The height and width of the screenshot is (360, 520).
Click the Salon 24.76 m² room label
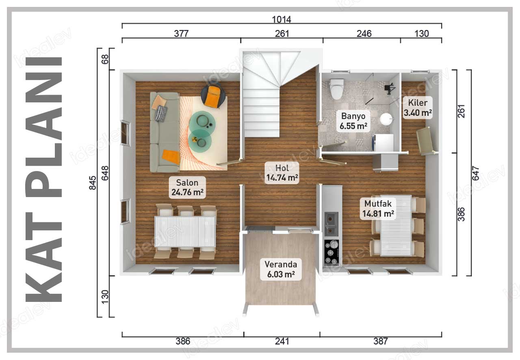click(x=187, y=187)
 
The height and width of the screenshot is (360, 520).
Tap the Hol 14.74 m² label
click(x=282, y=173)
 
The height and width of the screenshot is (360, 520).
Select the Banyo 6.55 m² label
click(x=353, y=121)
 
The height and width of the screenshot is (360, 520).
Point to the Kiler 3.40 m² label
click(x=418, y=108)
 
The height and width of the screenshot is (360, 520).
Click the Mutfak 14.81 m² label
click(x=378, y=208)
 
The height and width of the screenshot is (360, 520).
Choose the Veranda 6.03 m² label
click(x=281, y=269)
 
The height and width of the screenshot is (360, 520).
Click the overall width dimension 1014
click(x=282, y=19)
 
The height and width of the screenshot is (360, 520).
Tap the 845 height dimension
click(x=93, y=183)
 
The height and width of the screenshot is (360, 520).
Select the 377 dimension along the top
click(x=181, y=34)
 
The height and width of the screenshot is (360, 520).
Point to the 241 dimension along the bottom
click(x=282, y=341)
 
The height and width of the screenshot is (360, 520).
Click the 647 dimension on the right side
click(x=475, y=173)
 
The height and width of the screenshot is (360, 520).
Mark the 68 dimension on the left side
click(x=105, y=59)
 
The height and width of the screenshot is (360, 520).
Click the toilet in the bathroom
click(x=337, y=89)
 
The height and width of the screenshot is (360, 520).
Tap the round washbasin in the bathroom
click(x=386, y=119)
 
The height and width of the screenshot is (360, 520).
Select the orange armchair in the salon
click(x=213, y=95)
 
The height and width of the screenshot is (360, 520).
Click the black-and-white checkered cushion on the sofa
click(x=161, y=113)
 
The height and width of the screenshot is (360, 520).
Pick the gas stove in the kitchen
click(x=331, y=253)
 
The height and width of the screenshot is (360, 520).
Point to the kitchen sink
click(x=331, y=223)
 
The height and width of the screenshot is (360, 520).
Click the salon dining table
click(x=185, y=232)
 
